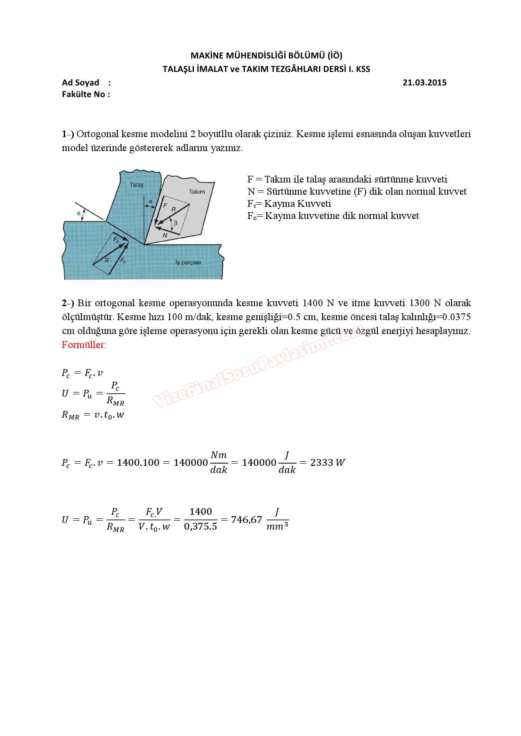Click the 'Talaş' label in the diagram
click(x=136, y=185)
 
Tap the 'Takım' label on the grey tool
click(x=197, y=192)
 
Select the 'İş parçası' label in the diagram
click(x=188, y=262)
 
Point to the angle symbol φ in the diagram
click(x=79, y=213)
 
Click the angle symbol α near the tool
click(x=150, y=201)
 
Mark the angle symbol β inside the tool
click(x=176, y=223)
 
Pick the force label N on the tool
click(x=165, y=235)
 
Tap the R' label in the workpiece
click(x=107, y=260)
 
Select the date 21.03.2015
click(x=424, y=82)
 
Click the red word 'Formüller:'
click(x=84, y=345)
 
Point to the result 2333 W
click(x=328, y=462)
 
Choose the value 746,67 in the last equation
click(x=247, y=520)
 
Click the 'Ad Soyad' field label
click(x=81, y=82)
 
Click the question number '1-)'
click(x=68, y=134)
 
